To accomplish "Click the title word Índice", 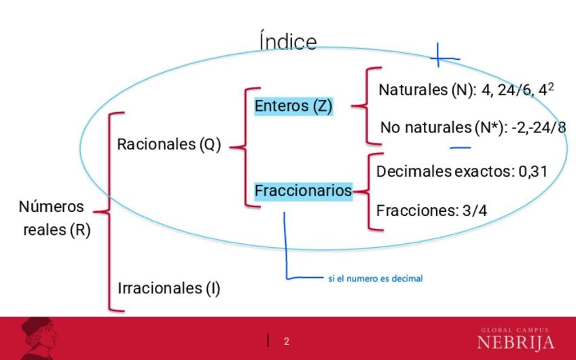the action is [288, 41].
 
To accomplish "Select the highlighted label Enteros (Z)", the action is [293, 107].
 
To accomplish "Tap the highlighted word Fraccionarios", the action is [303, 191].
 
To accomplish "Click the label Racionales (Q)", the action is [168, 145].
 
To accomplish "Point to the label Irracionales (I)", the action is [169, 288].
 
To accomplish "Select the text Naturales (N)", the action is [427, 90].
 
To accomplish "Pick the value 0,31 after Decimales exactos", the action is [533, 172].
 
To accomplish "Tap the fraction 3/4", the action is [474, 211].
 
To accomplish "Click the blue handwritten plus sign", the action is [439, 57].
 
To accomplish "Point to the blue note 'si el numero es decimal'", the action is [375, 278].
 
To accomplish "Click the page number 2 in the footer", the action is [287, 341].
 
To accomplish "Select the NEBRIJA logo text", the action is [516, 342].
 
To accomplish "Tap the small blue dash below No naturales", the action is [461, 146].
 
